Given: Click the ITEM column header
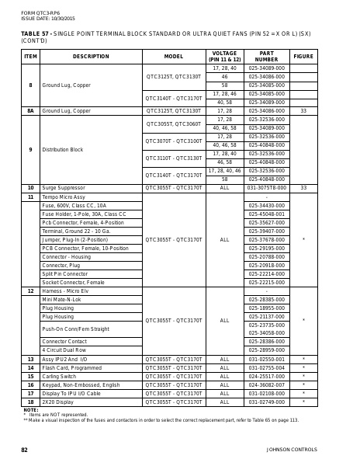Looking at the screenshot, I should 30,57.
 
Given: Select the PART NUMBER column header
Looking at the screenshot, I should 266,57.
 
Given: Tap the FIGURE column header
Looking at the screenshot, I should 303,57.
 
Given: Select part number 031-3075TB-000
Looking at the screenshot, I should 266,188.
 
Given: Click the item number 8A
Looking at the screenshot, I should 30,111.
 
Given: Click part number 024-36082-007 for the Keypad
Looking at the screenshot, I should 266,385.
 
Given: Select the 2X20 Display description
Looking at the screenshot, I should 58,402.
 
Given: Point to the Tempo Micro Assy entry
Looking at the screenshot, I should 64,196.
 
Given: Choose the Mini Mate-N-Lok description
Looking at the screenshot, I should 61,299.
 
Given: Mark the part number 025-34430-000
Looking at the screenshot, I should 266,205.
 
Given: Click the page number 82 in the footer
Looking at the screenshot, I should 24,450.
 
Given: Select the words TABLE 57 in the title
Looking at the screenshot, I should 35,34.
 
